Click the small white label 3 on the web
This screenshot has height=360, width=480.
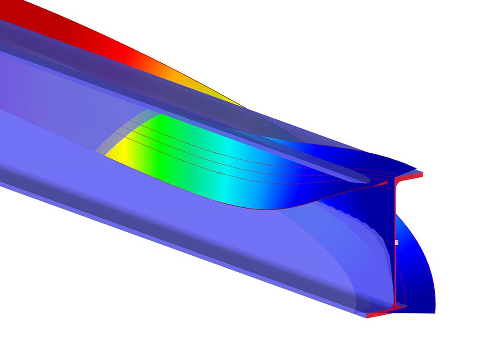tap(396, 242)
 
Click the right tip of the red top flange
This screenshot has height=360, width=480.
tap(421, 174)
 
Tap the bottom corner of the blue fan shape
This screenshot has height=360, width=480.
tap(434, 312)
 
